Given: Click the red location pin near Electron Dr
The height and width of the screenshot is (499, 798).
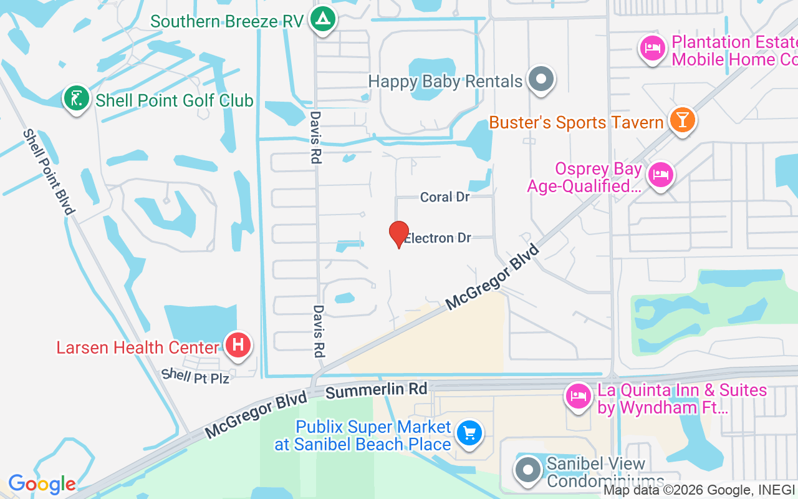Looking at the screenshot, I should (399, 235).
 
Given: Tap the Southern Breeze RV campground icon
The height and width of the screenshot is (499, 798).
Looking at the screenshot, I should (322, 19).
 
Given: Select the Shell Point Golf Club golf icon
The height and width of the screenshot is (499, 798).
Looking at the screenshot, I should (77, 99).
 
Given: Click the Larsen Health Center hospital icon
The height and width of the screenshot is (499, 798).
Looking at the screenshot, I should (238, 345).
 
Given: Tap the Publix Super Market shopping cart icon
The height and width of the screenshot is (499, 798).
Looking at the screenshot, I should (469, 433).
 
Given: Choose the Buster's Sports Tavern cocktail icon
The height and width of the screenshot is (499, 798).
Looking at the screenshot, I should (682, 120).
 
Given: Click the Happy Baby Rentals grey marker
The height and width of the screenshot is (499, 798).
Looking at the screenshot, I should (541, 79).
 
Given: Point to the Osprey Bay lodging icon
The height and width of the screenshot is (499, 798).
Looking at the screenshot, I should (660, 175).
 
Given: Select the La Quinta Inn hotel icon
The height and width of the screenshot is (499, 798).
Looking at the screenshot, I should (578, 395).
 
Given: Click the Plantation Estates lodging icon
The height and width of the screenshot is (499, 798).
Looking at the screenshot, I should (652, 48).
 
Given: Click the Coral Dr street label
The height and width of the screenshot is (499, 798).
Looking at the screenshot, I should (445, 197).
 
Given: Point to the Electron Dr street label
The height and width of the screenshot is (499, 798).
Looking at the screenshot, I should (438, 238).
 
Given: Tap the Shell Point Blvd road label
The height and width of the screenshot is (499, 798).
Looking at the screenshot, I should (49, 171).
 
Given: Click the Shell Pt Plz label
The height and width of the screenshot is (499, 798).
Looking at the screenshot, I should (195, 376).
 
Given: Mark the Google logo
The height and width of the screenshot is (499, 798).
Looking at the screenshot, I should (42, 484).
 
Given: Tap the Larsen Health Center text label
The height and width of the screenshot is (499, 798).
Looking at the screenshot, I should (138, 347).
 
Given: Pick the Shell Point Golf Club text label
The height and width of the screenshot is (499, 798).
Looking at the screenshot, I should (175, 100).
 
